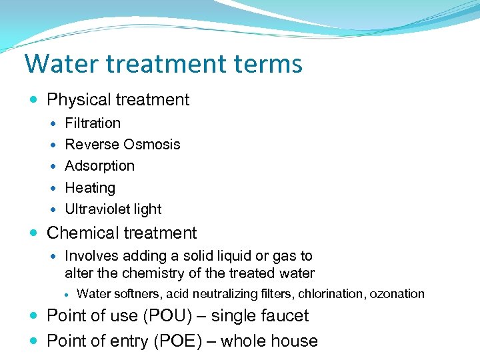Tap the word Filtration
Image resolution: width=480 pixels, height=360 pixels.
pyautogui.click(x=93, y=123)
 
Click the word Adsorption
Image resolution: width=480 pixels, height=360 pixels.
pyautogui.click(x=99, y=165)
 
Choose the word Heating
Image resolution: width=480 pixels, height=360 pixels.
pyautogui.click(x=90, y=188)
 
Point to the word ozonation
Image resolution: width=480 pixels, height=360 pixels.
pyautogui.click(x=397, y=293)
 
